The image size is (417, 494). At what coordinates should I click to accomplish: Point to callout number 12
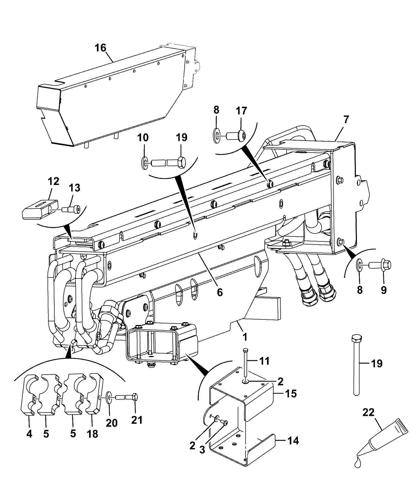pyautogui.click(x=54, y=181)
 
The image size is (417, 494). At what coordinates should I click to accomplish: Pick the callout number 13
pyautogui.click(x=74, y=188)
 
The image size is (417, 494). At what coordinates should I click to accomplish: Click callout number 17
pyautogui.click(x=241, y=111)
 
